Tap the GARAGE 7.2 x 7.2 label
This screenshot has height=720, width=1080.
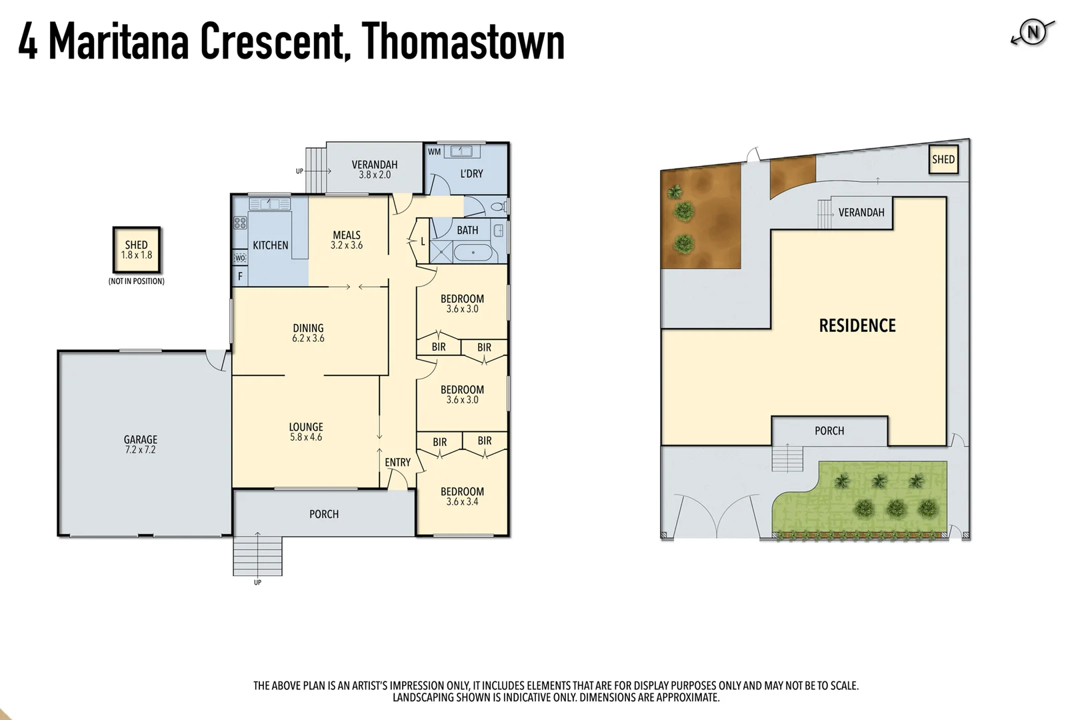140,444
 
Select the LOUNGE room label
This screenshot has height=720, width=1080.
306,431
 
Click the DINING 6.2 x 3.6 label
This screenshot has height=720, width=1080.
308,333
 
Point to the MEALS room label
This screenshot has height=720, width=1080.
347,239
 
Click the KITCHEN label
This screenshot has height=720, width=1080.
271,245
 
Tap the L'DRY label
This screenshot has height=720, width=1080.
471,173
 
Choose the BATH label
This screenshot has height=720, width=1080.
467,230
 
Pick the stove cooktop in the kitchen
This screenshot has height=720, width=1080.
240,223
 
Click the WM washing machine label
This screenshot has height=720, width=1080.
434,152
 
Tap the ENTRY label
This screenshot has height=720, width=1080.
397,462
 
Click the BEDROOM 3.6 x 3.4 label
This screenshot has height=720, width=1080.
462,496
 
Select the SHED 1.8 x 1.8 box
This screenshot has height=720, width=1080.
137,249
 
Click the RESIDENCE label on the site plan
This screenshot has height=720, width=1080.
857,325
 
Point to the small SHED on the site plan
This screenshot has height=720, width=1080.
943,159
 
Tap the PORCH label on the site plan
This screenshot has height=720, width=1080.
829,431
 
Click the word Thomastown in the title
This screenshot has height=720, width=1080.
463,41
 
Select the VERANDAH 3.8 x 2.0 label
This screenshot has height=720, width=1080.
375,169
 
